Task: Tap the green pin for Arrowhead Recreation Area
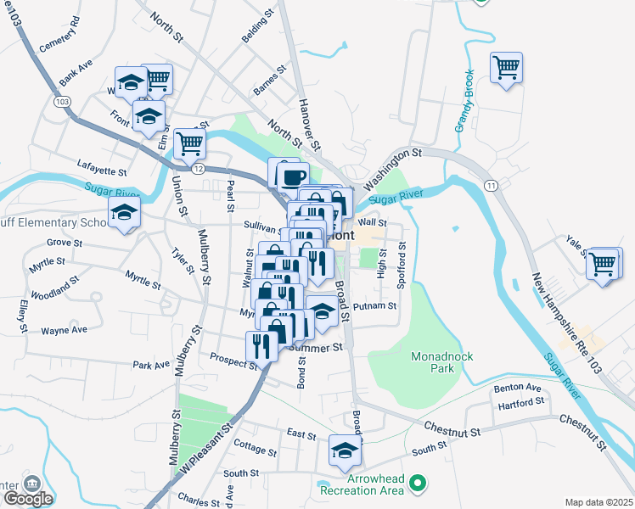click(417, 484)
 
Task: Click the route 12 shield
click(198, 170)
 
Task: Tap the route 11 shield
click(491, 185)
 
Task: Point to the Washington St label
click(392, 166)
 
